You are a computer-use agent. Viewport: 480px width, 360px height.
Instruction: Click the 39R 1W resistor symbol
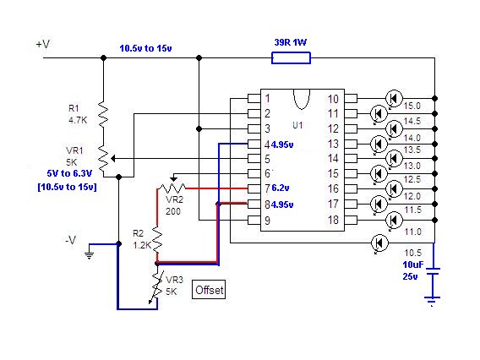(291, 57)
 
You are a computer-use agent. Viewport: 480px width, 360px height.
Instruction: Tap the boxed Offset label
(209, 289)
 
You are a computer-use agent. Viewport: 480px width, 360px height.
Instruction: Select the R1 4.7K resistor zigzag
(103, 114)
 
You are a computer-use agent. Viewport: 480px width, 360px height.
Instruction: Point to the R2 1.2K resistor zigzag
(157, 239)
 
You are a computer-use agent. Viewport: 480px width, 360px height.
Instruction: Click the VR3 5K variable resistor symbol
(157, 286)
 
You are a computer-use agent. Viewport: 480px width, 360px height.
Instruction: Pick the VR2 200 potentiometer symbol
(173, 185)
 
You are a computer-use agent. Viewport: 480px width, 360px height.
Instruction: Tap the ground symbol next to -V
(89, 254)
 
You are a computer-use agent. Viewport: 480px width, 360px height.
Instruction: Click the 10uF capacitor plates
(433, 271)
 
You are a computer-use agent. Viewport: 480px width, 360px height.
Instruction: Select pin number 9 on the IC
(267, 221)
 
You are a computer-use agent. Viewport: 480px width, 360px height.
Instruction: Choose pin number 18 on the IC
(333, 220)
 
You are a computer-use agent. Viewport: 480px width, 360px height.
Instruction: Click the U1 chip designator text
(297, 125)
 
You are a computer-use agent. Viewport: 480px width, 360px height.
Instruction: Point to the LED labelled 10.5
(379, 243)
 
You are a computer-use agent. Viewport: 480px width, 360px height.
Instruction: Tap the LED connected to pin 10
(394, 99)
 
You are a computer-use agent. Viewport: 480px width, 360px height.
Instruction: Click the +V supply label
(43, 44)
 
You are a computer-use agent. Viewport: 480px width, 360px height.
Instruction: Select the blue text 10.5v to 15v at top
(145, 48)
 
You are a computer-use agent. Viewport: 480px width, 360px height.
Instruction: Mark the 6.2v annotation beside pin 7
(280, 188)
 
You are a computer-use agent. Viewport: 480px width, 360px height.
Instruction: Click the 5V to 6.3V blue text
(69, 173)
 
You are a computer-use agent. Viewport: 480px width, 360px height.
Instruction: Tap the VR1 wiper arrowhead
(113, 159)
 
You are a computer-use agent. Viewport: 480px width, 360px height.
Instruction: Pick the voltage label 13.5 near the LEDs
(412, 150)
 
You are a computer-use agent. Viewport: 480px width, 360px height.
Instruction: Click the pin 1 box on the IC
(254, 98)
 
